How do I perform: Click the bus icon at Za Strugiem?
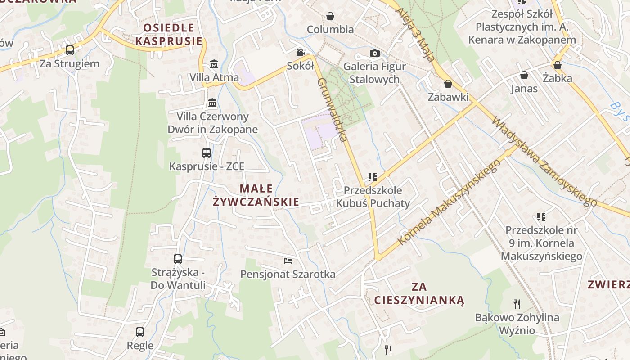pyautogui.click(x=70, y=50)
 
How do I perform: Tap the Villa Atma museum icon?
pyautogui.click(x=214, y=64)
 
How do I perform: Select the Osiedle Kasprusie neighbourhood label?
pyautogui.click(x=169, y=35)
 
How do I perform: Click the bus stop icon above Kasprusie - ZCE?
pyautogui.click(x=207, y=153)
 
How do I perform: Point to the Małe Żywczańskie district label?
pyautogui.click(x=256, y=195)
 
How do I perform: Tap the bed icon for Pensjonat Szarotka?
pyautogui.click(x=288, y=261)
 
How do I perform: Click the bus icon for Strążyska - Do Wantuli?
pyautogui.click(x=178, y=259)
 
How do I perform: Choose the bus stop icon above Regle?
pyautogui.click(x=140, y=332)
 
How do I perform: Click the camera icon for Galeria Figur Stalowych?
pyautogui.click(x=374, y=54)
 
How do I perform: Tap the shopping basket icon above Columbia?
pyautogui.click(x=330, y=16)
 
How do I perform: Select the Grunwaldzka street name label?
pyautogui.click(x=333, y=110)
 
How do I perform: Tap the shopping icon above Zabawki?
pyautogui.click(x=448, y=84)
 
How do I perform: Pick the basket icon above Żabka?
pyautogui.click(x=558, y=65)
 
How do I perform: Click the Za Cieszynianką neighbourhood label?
pyautogui.click(x=419, y=293)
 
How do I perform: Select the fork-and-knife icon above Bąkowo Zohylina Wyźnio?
pyautogui.click(x=517, y=304)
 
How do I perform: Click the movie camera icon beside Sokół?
pyautogui.click(x=300, y=53)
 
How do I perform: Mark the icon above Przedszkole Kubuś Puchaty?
pyautogui.click(x=372, y=177)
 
